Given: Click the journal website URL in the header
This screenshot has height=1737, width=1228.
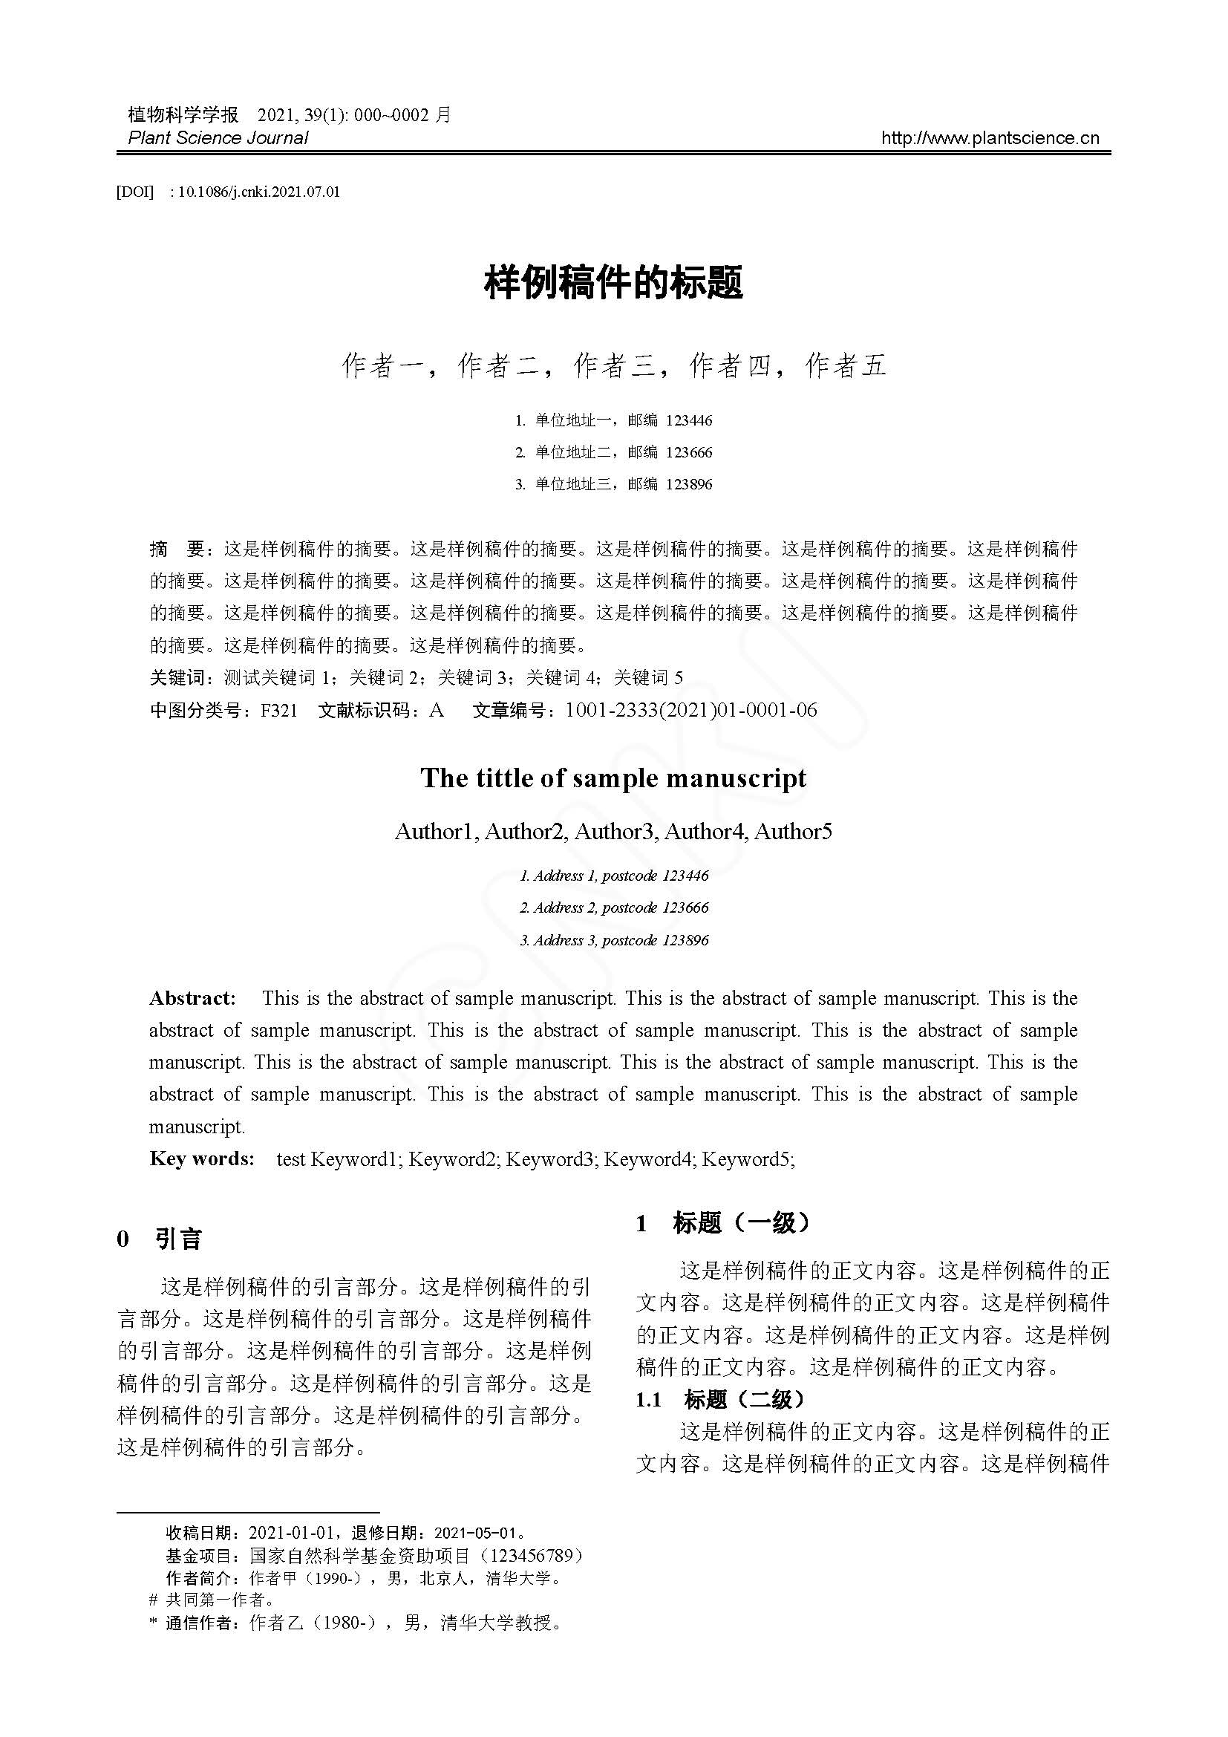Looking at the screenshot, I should (x=990, y=137).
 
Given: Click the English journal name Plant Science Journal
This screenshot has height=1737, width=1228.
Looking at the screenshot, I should (x=218, y=137).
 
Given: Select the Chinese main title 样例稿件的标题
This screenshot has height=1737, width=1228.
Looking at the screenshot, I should (x=613, y=282).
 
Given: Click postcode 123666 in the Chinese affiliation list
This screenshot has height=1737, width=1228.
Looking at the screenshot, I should (x=689, y=452).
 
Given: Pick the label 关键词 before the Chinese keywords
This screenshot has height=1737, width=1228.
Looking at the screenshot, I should (x=177, y=678).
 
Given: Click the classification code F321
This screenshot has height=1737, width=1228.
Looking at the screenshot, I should (x=278, y=711).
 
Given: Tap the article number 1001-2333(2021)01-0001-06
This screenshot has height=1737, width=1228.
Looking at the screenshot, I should (x=690, y=711).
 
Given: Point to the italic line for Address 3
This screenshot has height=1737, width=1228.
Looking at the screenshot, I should (x=613, y=940).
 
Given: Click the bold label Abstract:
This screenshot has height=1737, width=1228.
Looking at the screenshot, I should (x=193, y=999).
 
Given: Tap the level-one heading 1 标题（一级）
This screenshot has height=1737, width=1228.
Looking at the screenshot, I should (x=723, y=1223).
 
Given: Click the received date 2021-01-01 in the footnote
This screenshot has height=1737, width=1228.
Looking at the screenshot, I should (x=291, y=1534).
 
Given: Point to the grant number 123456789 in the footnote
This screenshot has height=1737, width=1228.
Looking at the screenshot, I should (x=536, y=1557).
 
